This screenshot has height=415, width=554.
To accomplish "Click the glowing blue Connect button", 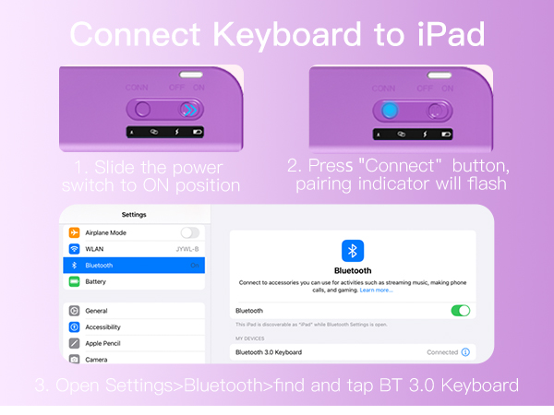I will pyautogui.click(x=389, y=111).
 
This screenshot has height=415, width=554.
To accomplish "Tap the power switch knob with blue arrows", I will pyautogui.click(x=189, y=111).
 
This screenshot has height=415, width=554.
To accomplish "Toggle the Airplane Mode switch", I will pyautogui.click(x=190, y=232).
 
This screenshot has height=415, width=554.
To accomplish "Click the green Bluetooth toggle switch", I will pyautogui.click(x=460, y=311).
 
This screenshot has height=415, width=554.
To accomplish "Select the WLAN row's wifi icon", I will pyautogui.click(x=74, y=249).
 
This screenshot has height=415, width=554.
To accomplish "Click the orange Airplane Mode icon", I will pyautogui.click(x=74, y=232).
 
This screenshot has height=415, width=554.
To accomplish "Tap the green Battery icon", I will pyautogui.click(x=74, y=281).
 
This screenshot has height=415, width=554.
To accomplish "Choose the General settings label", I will pyautogui.click(x=96, y=311).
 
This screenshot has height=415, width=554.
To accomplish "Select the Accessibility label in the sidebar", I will pyautogui.click(x=102, y=327).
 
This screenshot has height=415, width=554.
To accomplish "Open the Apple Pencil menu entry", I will pyautogui.click(x=105, y=343).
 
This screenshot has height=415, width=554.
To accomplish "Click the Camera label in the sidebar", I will pyautogui.click(x=97, y=359).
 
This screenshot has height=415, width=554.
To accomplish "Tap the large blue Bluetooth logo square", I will pyautogui.click(x=353, y=250).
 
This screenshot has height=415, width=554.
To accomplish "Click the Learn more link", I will pyautogui.click(x=376, y=290).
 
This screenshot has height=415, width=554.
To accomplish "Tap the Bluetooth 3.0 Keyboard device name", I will pyautogui.click(x=269, y=352).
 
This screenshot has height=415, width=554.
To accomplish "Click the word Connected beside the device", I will pyautogui.click(x=442, y=352).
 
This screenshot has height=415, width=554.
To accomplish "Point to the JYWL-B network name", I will pyautogui.click(x=187, y=249).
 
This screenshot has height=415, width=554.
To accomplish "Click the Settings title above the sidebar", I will pyautogui.click(x=134, y=215).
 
